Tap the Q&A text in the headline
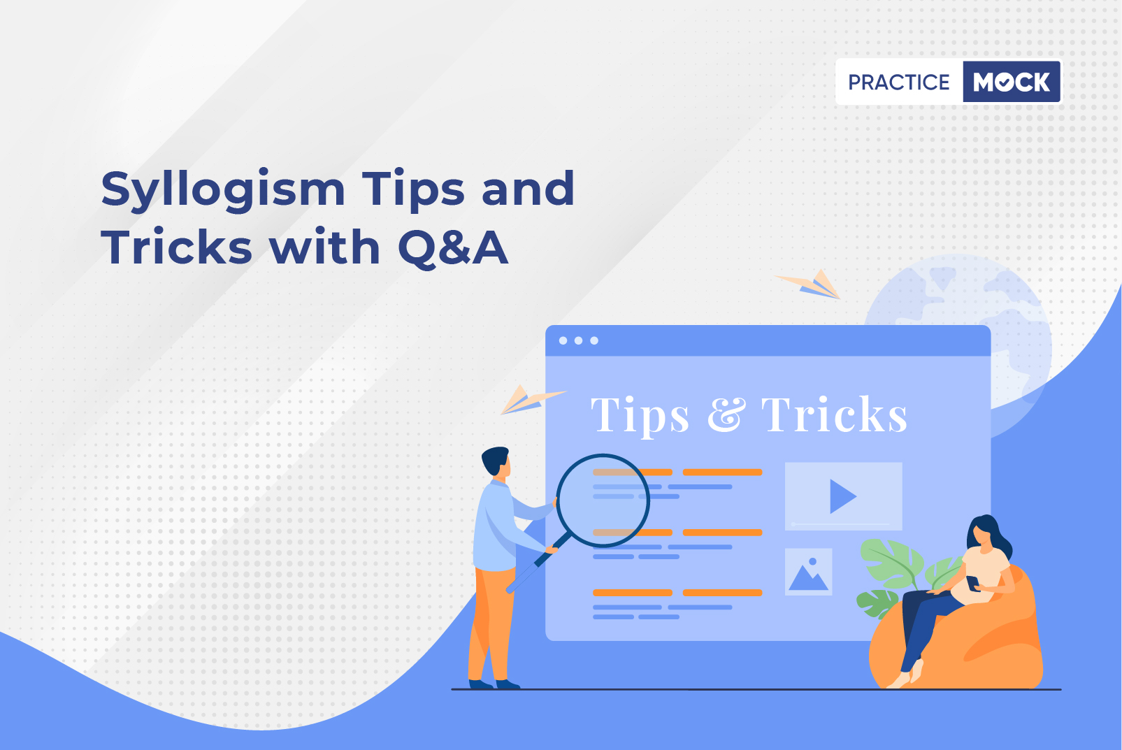pyautogui.click(x=453, y=247)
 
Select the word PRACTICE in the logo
pyautogui.click(x=898, y=82)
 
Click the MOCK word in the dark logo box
pyautogui.click(x=1012, y=82)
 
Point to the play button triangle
pyautogui.click(x=842, y=496)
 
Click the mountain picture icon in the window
pyautogui.click(x=808, y=572)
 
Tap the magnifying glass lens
pyautogui.click(x=603, y=500)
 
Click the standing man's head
pyautogui.click(x=496, y=461)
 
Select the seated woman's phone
pyautogui.click(x=972, y=583)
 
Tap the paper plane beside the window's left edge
pyautogui.click(x=532, y=400)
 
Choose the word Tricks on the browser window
pyautogui.click(x=834, y=414)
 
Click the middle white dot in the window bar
pyautogui.click(x=579, y=340)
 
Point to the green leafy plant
pyautogui.click(x=897, y=576)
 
